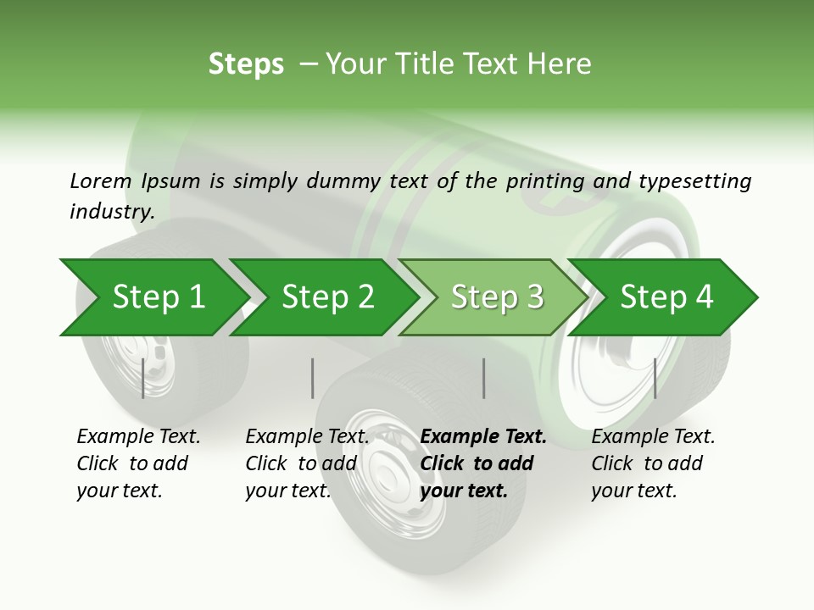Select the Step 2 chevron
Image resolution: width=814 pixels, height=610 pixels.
point(326,297)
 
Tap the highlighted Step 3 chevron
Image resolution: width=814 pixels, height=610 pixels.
point(496,297)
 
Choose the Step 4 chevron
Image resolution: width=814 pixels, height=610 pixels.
point(666,297)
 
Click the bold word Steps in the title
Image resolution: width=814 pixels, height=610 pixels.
point(246,64)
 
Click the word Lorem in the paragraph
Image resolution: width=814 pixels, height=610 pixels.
point(101,181)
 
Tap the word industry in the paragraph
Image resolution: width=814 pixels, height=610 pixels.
point(111,212)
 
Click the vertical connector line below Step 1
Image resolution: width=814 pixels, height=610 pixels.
point(143,378)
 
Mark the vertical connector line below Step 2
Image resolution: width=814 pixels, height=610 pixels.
point(313,378)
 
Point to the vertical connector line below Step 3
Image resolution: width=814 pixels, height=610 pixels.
point(484,378)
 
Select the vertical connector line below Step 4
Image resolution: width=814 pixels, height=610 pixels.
point(655,378)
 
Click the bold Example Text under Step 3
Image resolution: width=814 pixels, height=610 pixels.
point(483,437)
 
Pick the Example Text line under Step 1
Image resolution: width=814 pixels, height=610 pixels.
point(138,437)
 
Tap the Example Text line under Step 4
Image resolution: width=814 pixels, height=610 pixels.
point(653,437)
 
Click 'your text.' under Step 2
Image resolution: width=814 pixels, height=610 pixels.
point(287,491)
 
